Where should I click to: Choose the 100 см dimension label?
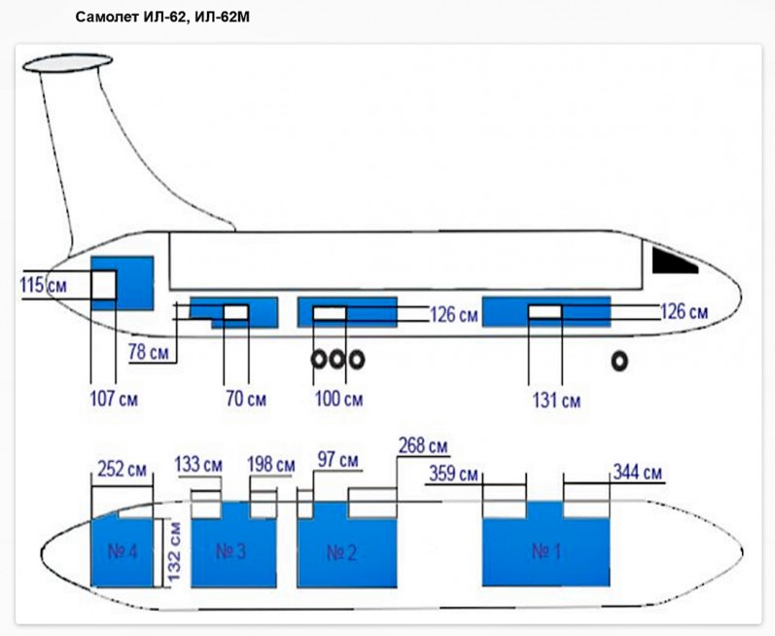(x=339, y=399)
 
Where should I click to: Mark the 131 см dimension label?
(x=557, y=400)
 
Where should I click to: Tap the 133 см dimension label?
(x=199, y=465)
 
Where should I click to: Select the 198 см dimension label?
(x=271, y=465)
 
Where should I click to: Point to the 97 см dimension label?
(x=337, y=459)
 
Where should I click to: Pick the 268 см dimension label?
(x=423, y=447)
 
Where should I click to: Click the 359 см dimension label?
(x=453, y=475)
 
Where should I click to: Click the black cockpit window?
(x=673, y=260)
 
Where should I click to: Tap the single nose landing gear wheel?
(x=617, y=361)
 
